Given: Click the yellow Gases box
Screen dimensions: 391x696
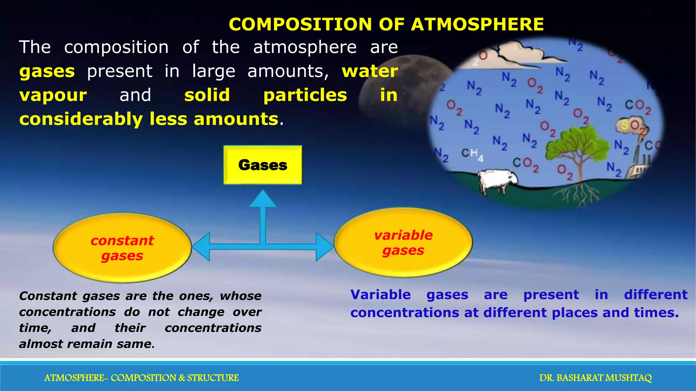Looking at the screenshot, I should (x=262, y=165).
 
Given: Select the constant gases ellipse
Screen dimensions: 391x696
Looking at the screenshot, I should (x=122, y=248).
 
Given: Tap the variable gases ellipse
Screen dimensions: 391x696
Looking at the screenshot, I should (x=403, y=242).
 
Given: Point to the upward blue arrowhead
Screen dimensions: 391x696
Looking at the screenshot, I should (x=262, y=199).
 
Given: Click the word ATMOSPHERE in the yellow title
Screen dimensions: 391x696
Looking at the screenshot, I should (x=477, y=24).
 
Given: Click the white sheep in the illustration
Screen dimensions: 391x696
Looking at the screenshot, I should (x=496, y=180).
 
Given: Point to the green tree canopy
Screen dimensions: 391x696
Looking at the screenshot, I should (x=578, y=143).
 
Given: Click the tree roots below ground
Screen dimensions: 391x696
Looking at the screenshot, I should (x=578, y=195).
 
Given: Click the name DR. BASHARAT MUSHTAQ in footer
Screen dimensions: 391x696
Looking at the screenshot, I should (x=595, y=378).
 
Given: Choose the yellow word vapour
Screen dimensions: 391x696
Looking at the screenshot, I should (x=53, y=95).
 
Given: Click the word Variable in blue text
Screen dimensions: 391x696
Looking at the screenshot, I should (x=380, y=295).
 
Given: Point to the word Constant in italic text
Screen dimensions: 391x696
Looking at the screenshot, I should (x=48, y=296).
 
